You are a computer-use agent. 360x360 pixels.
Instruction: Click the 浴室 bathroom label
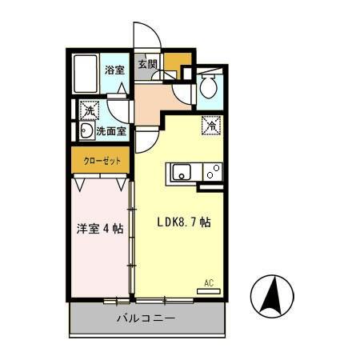click(114, 70)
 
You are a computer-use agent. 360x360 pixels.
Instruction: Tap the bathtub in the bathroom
click(85, 74)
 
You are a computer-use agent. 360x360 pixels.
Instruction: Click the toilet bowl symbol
click(210, 86)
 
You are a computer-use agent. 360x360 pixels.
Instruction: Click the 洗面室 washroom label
click(110, 130)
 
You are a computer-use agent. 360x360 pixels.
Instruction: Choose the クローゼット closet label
click(102, 160)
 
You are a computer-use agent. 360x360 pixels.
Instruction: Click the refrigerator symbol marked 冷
click(211, 125)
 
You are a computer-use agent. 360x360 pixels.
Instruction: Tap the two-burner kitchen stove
click(212, 171)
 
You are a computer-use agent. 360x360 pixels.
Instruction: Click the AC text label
click(209, 282)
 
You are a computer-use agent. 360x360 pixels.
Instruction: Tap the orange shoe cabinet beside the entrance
click(178, 61)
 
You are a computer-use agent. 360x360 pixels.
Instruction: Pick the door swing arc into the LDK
click(145, 141)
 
